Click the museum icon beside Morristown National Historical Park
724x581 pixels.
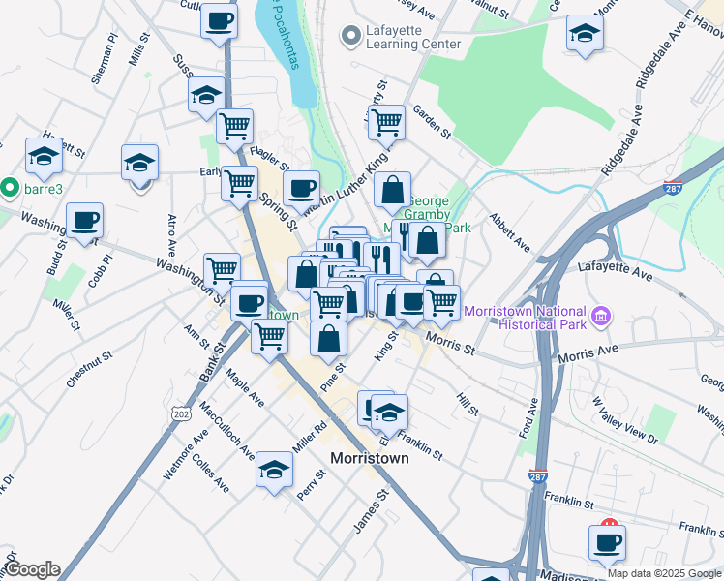[x=601, y=316]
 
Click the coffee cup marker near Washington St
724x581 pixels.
[x=85, y=222]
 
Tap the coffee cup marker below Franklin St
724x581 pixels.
[x=607, y=543]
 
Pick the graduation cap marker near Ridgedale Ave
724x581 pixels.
[x=585, y=34]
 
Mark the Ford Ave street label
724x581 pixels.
[x=530, y=417]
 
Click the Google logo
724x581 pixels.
[x=31, y=569]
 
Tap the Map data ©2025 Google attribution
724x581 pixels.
[x=663, y=573]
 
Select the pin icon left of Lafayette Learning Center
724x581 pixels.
[x=349, y=37]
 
